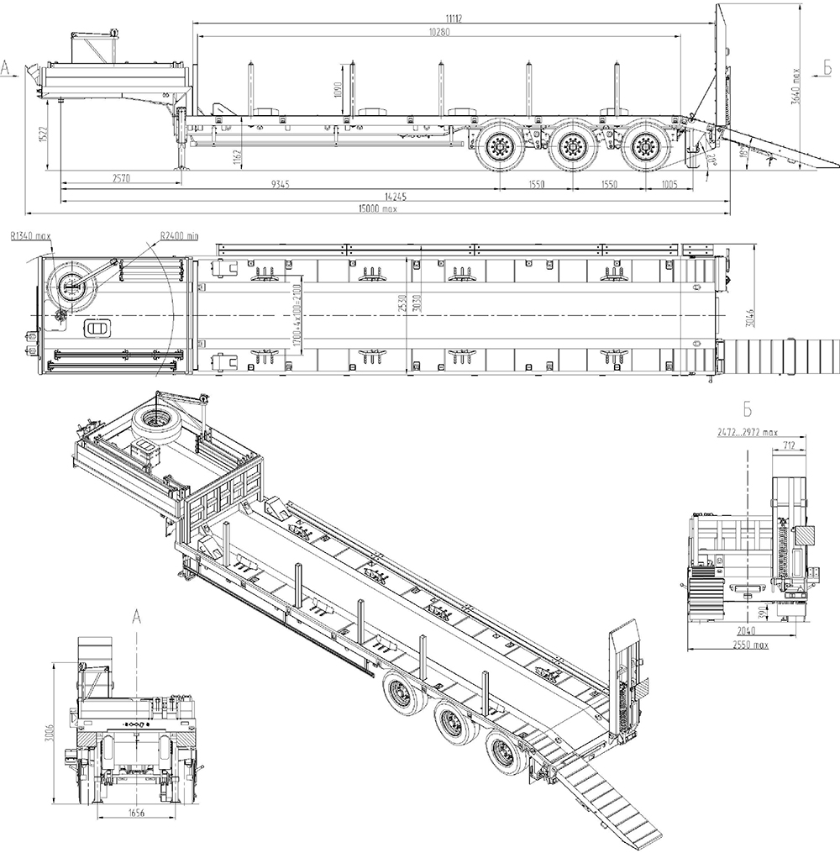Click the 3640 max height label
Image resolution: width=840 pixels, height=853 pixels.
pyautogui.click(x=806, y=83)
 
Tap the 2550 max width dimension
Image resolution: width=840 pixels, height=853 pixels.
pyautogui.click(x=750, y=645)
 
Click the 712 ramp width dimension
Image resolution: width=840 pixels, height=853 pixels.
pyautogui.click(x=788, y=445)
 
